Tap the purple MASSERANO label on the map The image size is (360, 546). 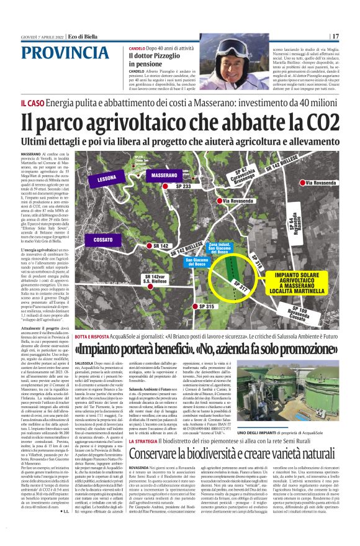pos(164,176)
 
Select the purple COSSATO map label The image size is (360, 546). pos(99,239)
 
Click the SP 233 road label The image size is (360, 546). pos(183,186)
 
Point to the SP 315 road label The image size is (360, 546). pos(207,307)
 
